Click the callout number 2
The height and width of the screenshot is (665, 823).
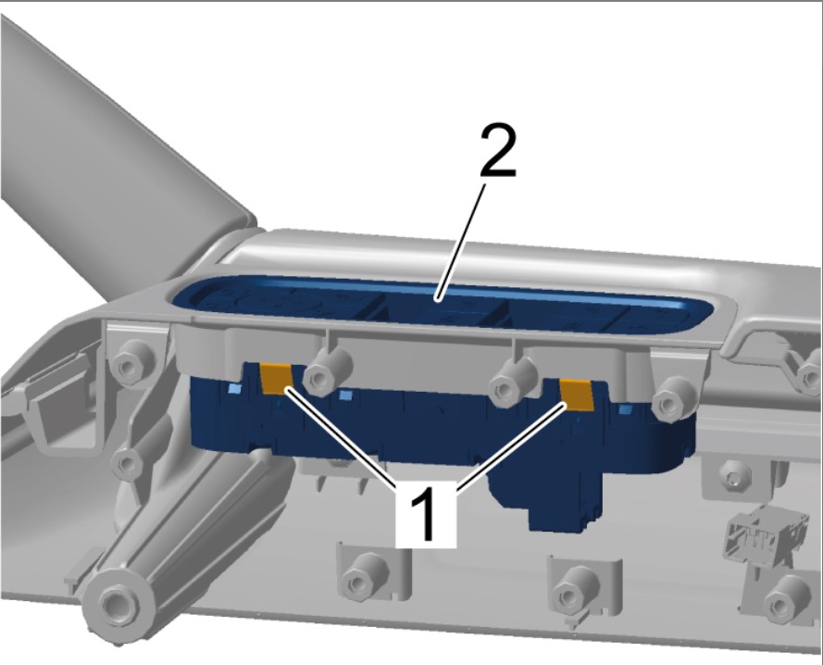pos(498,150)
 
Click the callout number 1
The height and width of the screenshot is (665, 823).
pos(425,513)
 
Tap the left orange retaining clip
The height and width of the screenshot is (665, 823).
pos(277,379)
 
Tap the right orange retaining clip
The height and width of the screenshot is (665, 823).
pos(577,395)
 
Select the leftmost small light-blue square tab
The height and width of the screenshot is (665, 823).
pos(235,389)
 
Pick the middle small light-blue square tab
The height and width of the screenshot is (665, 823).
pos(345,395)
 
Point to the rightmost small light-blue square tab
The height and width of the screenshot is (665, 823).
pos(626,409)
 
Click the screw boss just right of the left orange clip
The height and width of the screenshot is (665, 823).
pos(327,370)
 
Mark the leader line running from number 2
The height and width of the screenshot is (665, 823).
pos(460,242)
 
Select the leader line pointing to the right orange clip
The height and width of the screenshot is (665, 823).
pos(513,446)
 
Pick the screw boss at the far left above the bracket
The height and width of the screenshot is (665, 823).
pos(132,361)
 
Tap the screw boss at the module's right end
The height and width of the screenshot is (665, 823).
pos(675,400)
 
